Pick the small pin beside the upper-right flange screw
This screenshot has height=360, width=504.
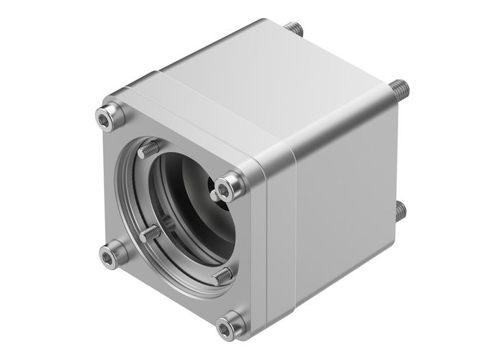point(215,194)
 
